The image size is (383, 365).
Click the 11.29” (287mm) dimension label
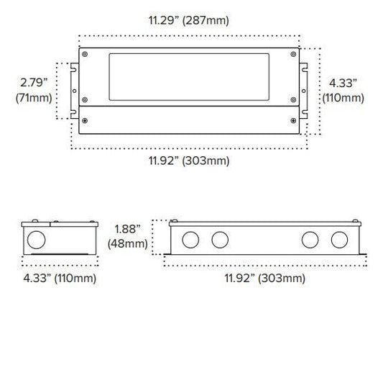tap(189, 20)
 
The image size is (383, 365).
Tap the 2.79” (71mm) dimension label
tap(34, 90)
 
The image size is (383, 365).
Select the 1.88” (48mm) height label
tap(127, 236)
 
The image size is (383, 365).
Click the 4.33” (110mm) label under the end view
tap(60, 279)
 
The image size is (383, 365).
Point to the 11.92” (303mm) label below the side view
tap(264, 279)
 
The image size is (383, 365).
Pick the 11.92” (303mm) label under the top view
tap(189, 161)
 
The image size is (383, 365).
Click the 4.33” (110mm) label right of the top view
tap(343, 91)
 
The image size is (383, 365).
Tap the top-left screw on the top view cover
tap(85, 54)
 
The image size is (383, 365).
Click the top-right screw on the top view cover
tap(293, 54)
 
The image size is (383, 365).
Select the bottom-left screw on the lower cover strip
tap(85, 121)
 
